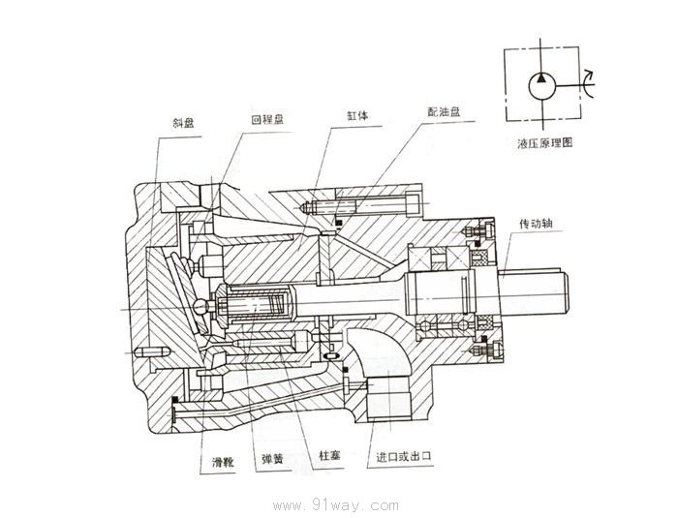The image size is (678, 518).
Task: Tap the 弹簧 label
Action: coord(271,458)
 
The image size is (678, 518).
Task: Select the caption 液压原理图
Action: coord(545,141)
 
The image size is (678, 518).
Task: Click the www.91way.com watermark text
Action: coord(336,504)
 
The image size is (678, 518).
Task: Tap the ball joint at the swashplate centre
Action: coord(202,307)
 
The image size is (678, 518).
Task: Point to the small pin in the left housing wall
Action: coord(150,351)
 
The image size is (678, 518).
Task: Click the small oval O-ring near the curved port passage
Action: coord(333,357)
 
